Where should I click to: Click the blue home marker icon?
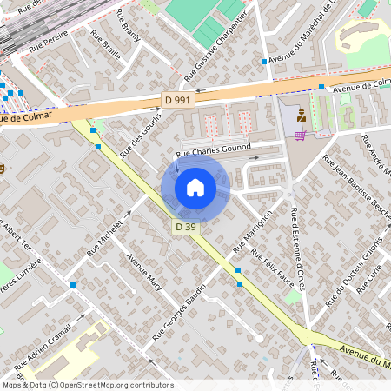click(x=195, y=187)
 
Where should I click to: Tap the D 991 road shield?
click(x=178, y=100)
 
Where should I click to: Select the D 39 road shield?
click(x=184, y=227)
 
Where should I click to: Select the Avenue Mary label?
click(x=144, y=273)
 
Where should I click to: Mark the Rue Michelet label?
click(x=107, y=235)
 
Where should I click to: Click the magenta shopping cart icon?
click(x=300, y=135)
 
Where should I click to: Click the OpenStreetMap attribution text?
click(x=87, y=384)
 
